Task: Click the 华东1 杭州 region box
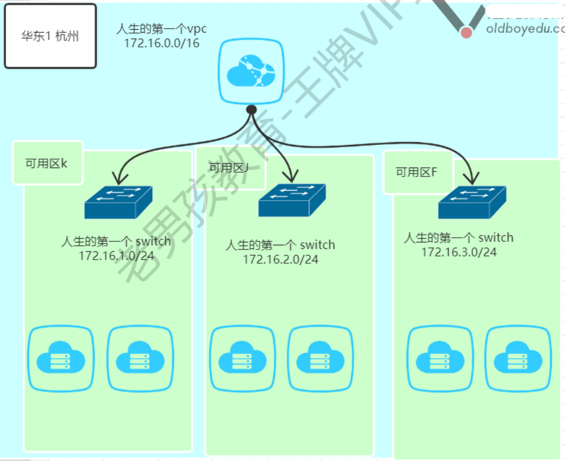(50, 36)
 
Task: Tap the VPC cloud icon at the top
(250, 71)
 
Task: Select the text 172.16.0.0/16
(162, 43)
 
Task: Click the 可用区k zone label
(46, 163)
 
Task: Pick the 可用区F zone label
(416, 172)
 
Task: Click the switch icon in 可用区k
(118, 203)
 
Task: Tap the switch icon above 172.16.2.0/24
(292, 200)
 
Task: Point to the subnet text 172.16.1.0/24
(116, 255)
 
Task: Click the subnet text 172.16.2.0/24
(280, 259)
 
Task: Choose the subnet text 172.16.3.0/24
(459, 252)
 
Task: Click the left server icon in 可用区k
(61, 359)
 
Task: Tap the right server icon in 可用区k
(140, 359)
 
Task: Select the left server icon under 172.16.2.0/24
(242, 359)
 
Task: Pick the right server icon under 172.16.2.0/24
(320, 359)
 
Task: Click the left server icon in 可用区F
(440, 359)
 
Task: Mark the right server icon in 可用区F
(518, 359)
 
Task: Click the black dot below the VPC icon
(251, 109)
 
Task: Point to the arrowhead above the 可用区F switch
(474, 178)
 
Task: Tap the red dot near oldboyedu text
(466, 32)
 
